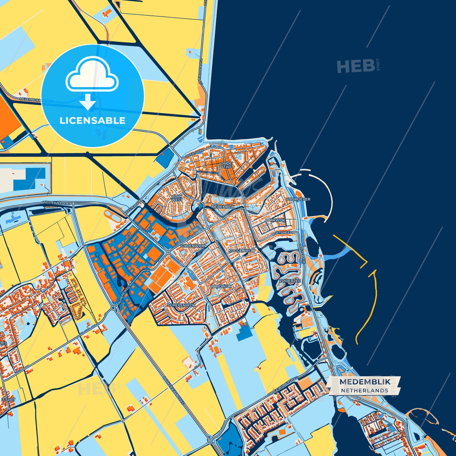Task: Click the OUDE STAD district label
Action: click(226, 165)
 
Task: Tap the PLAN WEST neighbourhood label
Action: click(177, 198)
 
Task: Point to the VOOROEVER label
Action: click(298, 199)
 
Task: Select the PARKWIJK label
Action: click(275, 220)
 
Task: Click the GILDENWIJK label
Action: click(192, 246)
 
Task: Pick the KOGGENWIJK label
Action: click(241, 251)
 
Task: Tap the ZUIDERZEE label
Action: click(290, 281)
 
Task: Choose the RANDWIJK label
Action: click(221, 286)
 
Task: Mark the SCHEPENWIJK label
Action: click(181, 305)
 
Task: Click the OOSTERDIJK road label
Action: click(302, 253)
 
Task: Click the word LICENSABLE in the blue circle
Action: click(92, 121)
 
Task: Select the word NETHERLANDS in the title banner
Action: click(364, 391)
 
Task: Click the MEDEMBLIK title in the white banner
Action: click(365, 382)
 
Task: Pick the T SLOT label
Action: click(8, 400)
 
